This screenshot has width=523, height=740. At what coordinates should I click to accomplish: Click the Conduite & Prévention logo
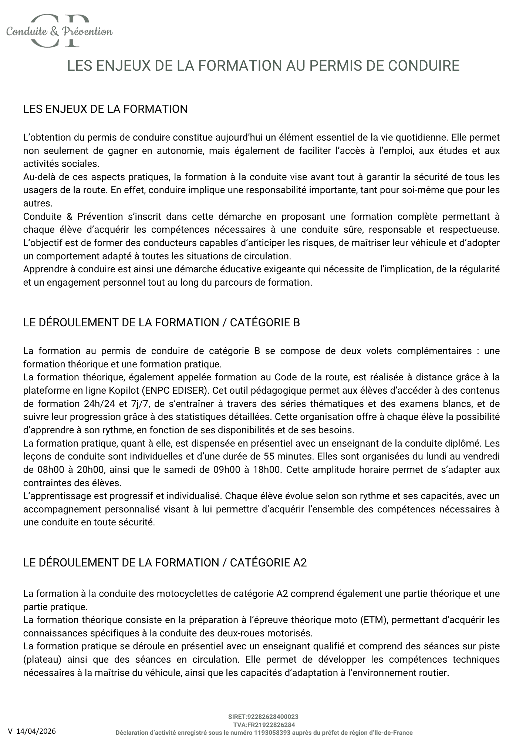point(59,31)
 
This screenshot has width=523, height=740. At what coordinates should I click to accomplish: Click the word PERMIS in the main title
point(331,66)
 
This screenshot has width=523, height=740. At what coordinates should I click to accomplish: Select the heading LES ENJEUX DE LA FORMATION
point(105,109)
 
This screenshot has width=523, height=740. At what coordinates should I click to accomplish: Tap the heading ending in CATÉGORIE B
point(161,323)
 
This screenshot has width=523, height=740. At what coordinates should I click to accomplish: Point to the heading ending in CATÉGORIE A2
point(165,563)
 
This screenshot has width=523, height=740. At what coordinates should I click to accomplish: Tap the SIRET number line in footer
point(263,717)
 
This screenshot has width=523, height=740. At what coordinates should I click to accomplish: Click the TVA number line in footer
point(263,725)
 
